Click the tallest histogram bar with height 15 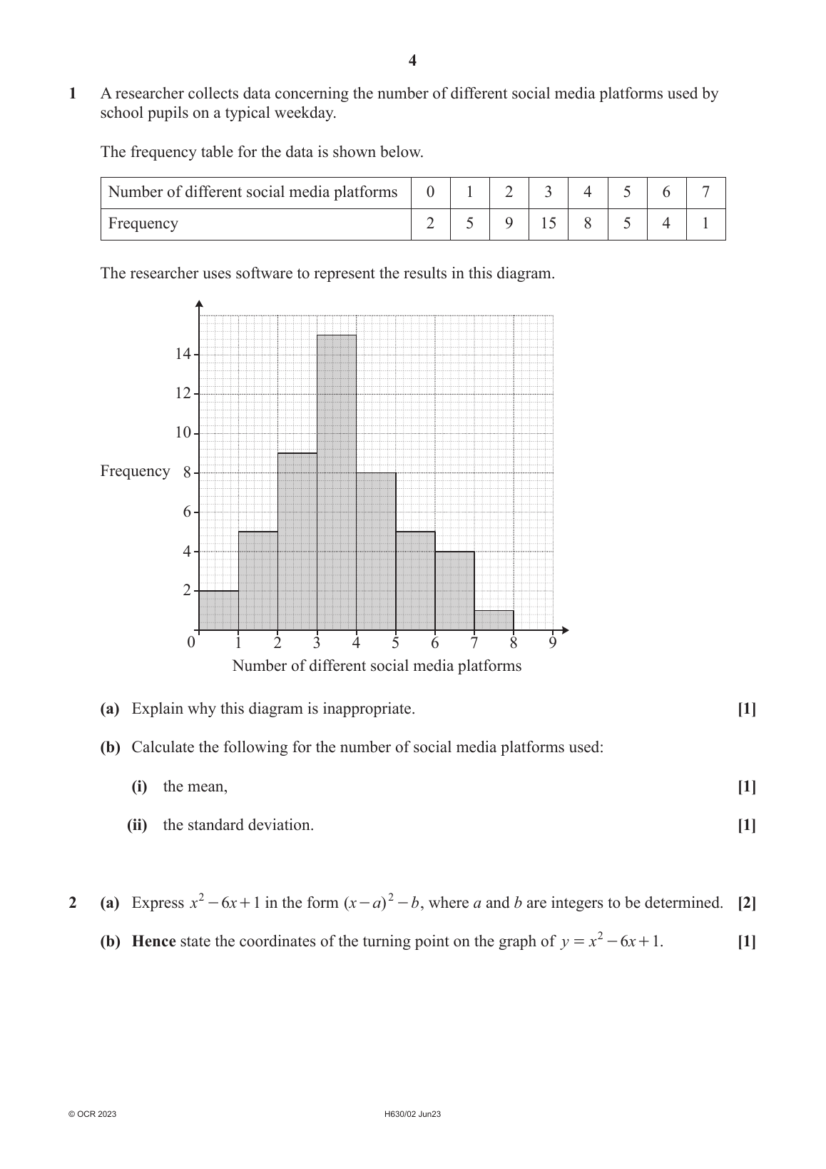[337, 482]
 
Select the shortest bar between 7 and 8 [494, 620]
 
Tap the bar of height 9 [297, 541]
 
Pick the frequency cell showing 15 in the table [548, 223]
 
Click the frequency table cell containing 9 [509, 223]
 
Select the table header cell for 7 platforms [705, 192]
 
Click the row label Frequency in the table [143, 223]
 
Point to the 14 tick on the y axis [183, 354]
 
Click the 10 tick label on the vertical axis [183, 432]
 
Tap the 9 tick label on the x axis [553, 643]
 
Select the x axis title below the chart [377, 666]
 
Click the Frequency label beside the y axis [135, 471]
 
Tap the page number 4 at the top [412, 61]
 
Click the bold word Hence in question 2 [153, 941]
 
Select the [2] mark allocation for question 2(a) [747, 903]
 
